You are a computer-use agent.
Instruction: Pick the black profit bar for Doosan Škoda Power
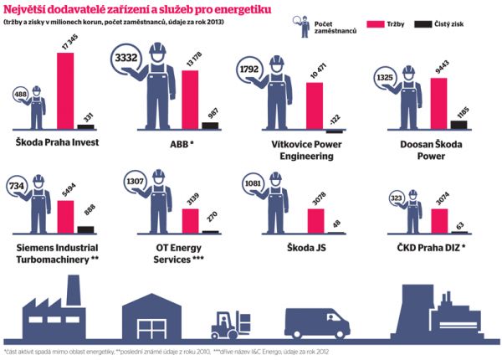pos(457,124)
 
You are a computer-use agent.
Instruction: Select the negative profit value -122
pos(336,118)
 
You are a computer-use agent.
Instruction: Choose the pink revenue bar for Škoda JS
pos(315,220)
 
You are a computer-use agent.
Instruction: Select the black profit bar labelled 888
pos(85,229)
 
